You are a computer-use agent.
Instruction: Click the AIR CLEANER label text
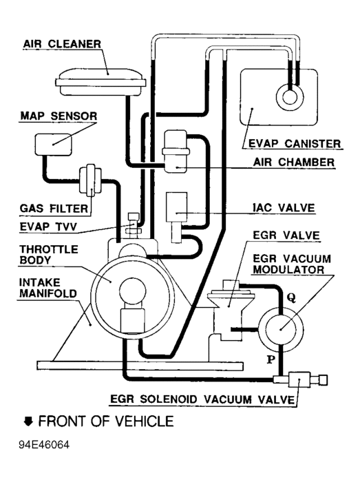tap(62, 43)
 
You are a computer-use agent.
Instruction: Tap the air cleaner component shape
tap(100, 82)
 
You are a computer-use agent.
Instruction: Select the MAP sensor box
tap(54, 144)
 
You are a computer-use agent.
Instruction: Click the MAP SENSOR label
tap(59, 116)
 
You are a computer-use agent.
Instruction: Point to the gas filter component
tap(90, 180)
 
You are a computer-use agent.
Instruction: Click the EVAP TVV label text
tap(48, 227)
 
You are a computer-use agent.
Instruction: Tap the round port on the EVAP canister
tap(290, 98)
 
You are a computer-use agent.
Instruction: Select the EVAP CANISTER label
tap(295, 143)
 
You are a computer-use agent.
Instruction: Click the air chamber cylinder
tap(176, 151)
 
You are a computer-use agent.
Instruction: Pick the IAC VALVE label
tap(284, 208)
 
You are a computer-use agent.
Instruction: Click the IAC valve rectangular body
tap(176, 207)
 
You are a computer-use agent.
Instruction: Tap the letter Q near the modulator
tap(291, 297)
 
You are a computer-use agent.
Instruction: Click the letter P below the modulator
tap(271, 359)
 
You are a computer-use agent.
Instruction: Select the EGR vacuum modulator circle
tap(281, 330)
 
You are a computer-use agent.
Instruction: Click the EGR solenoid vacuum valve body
tap(300, 380)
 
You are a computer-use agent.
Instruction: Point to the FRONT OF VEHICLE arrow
tap(28, 421)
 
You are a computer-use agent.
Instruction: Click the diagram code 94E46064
tap(44, 445)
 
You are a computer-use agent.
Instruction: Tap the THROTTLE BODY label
tap(49, 255)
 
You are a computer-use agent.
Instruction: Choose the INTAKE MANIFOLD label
tap(48, 288)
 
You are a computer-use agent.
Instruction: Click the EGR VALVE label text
tap(286, 235)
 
